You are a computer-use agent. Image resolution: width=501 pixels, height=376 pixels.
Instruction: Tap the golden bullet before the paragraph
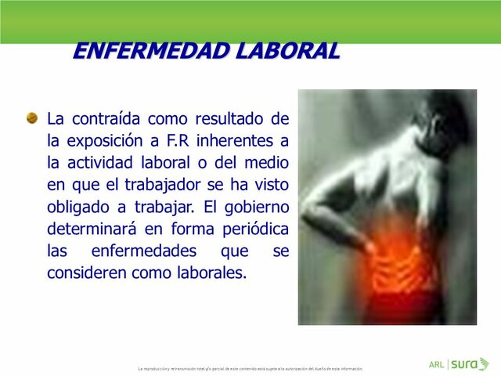pyautogui.click(x=32, y=118)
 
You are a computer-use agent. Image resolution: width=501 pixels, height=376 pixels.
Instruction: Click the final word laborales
pyautogui.click(x=213, y=273)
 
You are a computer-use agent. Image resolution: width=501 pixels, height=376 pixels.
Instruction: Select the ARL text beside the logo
pyautogui.click(x=437, y=364)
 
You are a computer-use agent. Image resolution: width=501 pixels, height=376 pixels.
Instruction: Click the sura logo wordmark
pyautogui.click(x=466, y=364)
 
